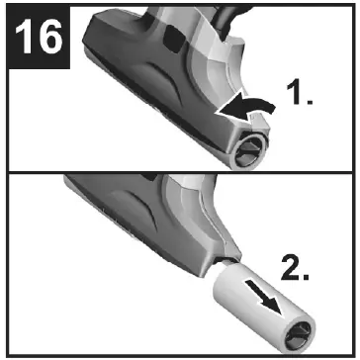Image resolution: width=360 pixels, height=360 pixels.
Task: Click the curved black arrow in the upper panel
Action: (248, 105)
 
